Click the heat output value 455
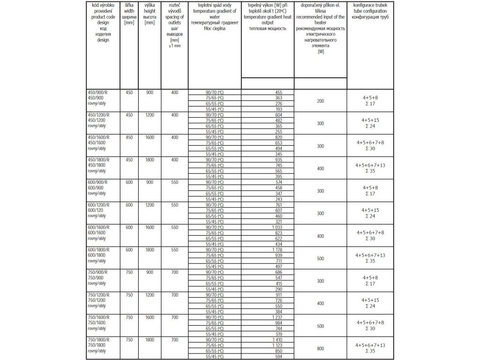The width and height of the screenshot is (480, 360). point(278,92)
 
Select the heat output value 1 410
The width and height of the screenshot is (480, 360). point(277,340)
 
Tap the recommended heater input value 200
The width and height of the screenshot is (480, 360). point(320,101)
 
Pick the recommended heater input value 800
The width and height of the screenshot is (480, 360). point(320,348)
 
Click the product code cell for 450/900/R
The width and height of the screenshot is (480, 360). point(99,92)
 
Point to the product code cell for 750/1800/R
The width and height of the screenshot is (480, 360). point(99,340)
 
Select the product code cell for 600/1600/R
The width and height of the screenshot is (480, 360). point(99,227)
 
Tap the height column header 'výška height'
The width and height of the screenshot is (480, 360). point(150,14)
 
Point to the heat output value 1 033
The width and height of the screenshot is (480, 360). point(277,227)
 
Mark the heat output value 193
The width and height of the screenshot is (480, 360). point(278,109)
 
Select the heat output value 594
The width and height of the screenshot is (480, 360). point(278,357)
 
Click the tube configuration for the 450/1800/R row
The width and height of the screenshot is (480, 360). point(370,168)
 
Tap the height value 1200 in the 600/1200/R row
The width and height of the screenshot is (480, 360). point(150,205)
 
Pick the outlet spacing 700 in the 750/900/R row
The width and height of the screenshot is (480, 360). point(175,272)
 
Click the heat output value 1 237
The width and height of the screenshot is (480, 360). point(277,317)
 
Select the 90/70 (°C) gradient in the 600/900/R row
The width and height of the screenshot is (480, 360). point(215,182)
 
